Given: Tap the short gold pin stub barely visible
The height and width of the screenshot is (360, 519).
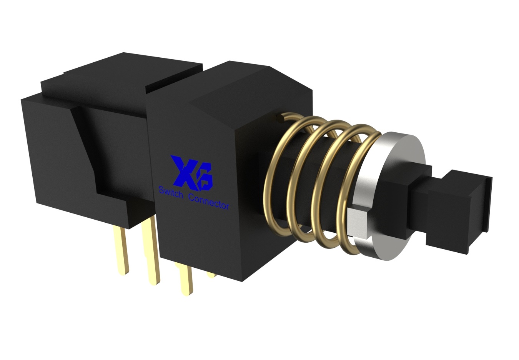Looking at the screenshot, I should tap(210, 275).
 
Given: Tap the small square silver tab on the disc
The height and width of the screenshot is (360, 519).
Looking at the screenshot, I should tap(357, 223).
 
